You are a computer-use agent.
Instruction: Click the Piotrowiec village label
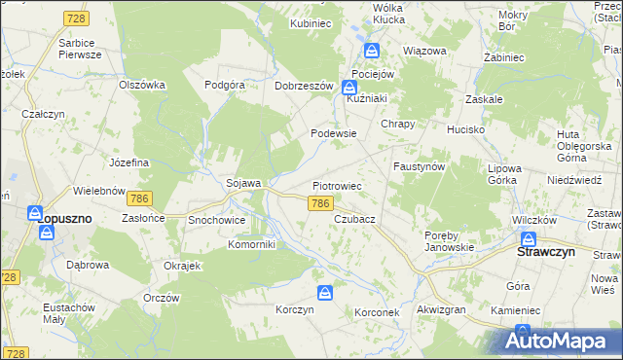pyautogui.click(x=337, y=184)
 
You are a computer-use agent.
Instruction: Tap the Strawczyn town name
pyautogui.click(x=544, y=251)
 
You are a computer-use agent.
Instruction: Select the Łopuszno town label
pyautogui.click(x=65, y=219)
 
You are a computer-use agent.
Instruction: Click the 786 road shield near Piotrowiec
pyautogui.click(x=321, y=203)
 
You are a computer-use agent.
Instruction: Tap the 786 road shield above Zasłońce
pyautogui.click(x=138, y=198)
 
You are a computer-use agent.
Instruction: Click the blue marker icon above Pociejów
pyautogui.click(x=371, y=52)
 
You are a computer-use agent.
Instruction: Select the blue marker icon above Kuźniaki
pyautogui.click(x=361, y=88)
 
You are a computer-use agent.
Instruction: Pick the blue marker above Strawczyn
pyautogui.click(x=530, y=239)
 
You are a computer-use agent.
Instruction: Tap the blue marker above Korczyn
pyautogui.click(x=325, y=292)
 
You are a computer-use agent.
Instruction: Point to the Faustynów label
pyautogui.click(x=419, y=166)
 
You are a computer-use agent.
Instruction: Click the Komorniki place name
pyautogui.click(x=252, y=244)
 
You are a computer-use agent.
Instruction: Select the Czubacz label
pyautogui.click(x=354, y=219)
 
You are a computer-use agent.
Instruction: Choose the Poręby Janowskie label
pyautogui.click(x=449, y=240)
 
